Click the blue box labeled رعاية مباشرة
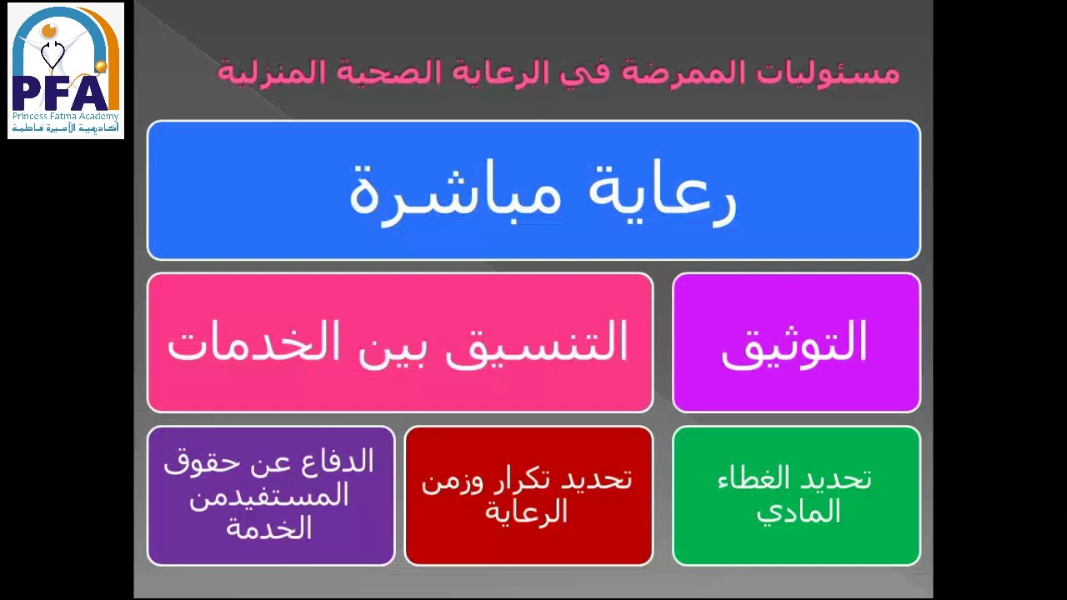pos(533,190)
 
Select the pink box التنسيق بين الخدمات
pos(399,342)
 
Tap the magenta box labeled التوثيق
pos(796,342)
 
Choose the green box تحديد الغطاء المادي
pos(796,496)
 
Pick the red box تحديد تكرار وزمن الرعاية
pos(528,496)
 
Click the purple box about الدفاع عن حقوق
pos(270,496)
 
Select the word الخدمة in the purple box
pos(268,528)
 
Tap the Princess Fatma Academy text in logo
pos(66,117)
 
